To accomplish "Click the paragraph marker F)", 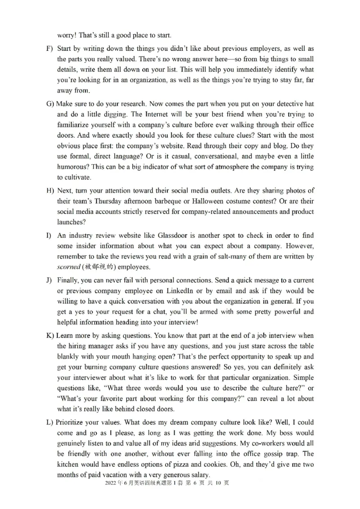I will [49, 48].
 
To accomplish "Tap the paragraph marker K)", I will [50, 336].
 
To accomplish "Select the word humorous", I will [73, 167].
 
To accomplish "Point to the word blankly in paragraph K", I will [69, 357].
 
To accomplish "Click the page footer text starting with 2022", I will [167, 483].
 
